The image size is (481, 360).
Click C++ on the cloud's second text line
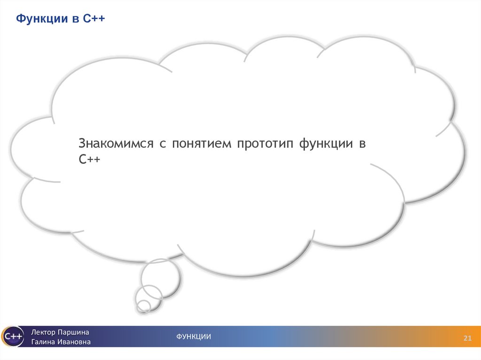89,160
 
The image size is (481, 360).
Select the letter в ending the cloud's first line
362,144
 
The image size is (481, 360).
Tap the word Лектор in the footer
44,332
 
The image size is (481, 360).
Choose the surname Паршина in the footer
73,332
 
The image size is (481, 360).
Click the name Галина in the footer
44,342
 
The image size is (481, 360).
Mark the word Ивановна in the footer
75,342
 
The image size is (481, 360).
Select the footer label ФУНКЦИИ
194,337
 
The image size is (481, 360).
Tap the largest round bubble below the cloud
161,277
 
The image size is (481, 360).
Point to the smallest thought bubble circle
144,306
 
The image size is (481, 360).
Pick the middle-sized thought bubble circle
148,296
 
